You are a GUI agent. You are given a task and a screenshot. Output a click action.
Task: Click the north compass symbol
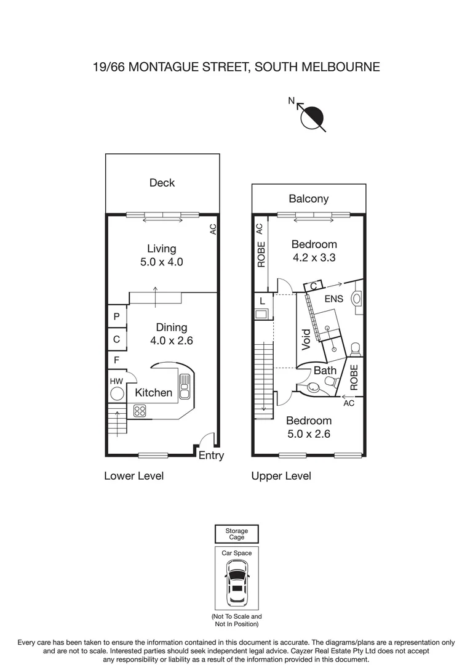tap(311, 116)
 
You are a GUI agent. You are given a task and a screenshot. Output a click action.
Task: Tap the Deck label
tap(162, 183)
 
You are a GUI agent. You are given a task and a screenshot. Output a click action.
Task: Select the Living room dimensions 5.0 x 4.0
tap(161, 262)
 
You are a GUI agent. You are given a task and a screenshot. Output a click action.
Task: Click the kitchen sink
tap(185, 386)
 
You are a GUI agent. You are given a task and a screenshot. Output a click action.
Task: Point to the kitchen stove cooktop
tap(140, 411)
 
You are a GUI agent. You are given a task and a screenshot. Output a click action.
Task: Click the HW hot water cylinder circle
tap(117, 394)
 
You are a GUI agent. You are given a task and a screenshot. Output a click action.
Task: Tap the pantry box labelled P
tap(116, 316)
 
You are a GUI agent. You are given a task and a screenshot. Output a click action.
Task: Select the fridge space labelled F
tap(116, 360)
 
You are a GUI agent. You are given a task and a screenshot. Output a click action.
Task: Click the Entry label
tap(211, 456)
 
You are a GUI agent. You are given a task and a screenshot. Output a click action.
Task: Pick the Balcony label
tap(309, 199)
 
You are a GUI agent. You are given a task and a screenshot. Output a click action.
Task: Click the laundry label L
tap(262, 301)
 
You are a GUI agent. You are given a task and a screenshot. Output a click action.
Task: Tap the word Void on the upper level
tap(306, 340)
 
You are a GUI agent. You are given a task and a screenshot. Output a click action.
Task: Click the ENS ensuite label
tap(333, 299)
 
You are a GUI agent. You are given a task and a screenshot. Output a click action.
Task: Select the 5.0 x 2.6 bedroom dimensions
tap(309, 434)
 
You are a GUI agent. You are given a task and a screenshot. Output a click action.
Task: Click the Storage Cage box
tap(236, 534)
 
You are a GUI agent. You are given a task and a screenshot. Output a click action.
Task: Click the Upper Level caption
tap(281, 476)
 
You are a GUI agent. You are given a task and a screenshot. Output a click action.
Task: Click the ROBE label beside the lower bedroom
tap(354, 377)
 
